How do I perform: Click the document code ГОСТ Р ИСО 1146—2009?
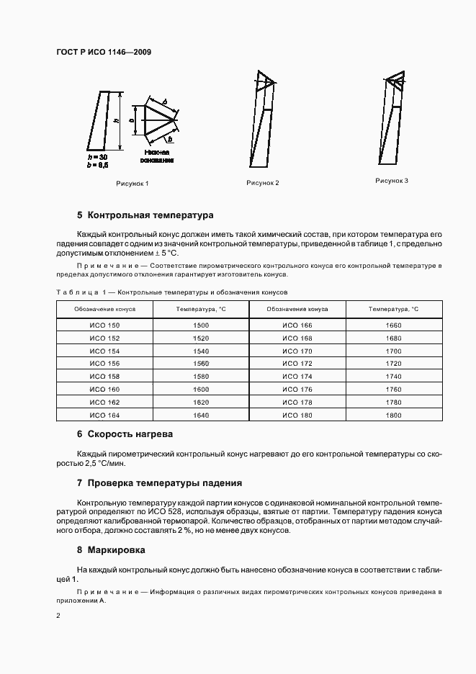[x=103, y=52]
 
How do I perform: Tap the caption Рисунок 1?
[x=132, y=184]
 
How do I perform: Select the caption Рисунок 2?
[x=262, y=183]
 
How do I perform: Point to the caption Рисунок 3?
[x=392, y=181]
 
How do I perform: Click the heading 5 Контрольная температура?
[x=145, y=215]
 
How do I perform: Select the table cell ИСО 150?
[x=104, y=326]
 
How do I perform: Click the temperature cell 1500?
[x=201, y=326]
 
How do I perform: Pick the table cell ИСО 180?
[x=297, y=415]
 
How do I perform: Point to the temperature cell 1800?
[x=394, y=415]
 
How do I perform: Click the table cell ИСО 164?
[x=104, y=415]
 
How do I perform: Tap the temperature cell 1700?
[x=394, y=351]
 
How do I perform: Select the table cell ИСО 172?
[x=297, y=364]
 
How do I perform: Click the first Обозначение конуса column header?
[x=104, y=308]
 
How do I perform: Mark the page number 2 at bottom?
[x=58, y=616]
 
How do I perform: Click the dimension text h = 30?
[x=96, y=156]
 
